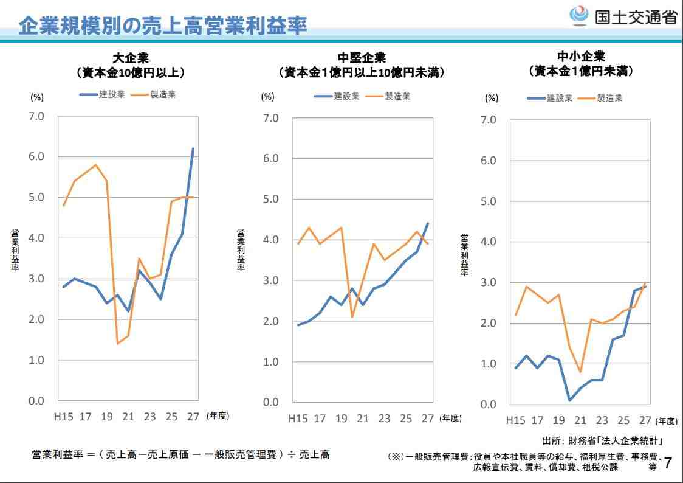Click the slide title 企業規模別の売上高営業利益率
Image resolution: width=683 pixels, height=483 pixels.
(162, 25)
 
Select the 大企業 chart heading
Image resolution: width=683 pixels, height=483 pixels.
(131, 58)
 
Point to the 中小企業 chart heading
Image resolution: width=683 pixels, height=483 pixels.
(582, 57)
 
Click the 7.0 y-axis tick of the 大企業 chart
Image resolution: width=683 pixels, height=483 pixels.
(36, 116)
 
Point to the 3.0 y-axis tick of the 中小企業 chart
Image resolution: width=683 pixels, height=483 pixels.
(489, 282)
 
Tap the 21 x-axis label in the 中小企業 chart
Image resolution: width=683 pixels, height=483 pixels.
(580, 420)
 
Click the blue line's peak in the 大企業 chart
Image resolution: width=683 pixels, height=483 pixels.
(193, 148)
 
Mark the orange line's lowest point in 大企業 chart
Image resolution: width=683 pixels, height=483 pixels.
(117, 344)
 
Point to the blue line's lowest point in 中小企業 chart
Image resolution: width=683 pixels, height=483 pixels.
(570, 400)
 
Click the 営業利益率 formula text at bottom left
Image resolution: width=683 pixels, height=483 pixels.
(180, 454)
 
